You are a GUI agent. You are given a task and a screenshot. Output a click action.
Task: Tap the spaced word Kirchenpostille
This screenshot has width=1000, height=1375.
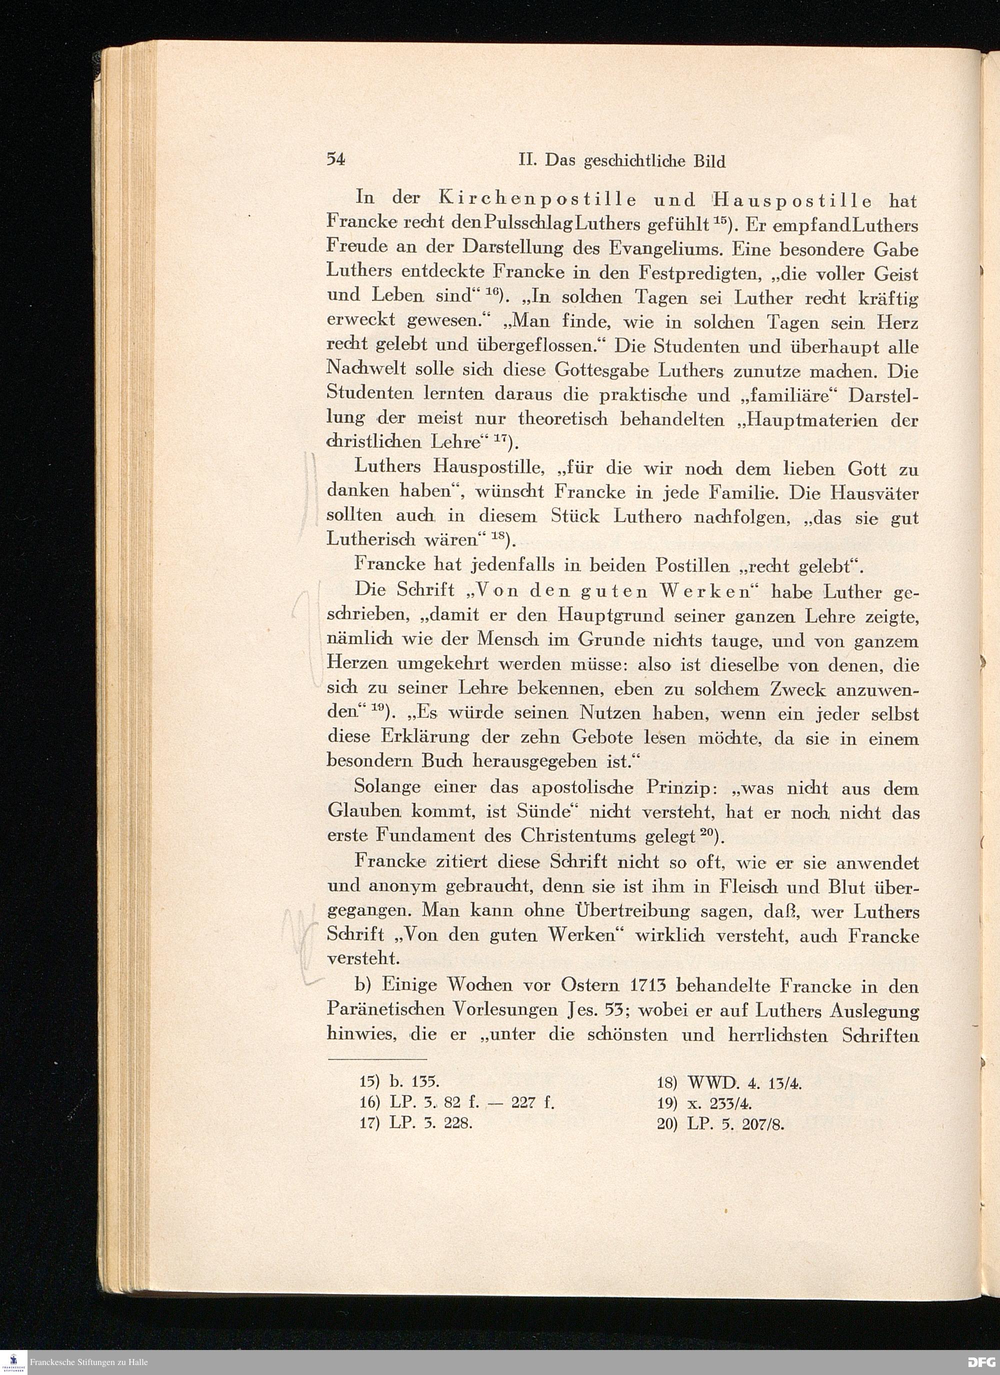(536, 199)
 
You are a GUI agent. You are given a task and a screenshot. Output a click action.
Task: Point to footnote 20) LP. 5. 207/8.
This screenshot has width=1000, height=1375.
(721, 1124)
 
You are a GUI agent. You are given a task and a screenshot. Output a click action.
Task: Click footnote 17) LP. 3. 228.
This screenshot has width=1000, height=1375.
(415, 1123)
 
